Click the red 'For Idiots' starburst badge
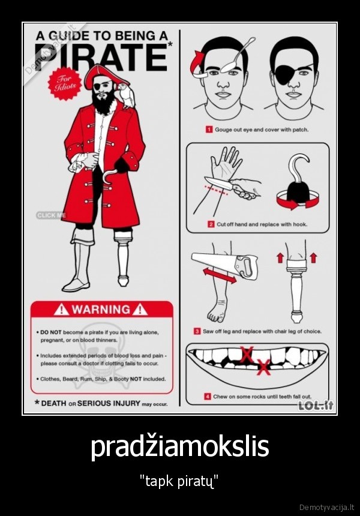(64, 83)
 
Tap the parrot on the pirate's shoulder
(127, 95)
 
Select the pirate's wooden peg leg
(123, 257)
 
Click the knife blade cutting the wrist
(218, 182)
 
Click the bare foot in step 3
(217, 310)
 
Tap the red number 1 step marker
(209, 130)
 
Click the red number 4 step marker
(208, 397)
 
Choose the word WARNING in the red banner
(101, 310)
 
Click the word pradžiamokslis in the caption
(179, 447)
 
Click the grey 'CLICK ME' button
(51, 215)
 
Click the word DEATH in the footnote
(53, 403)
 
